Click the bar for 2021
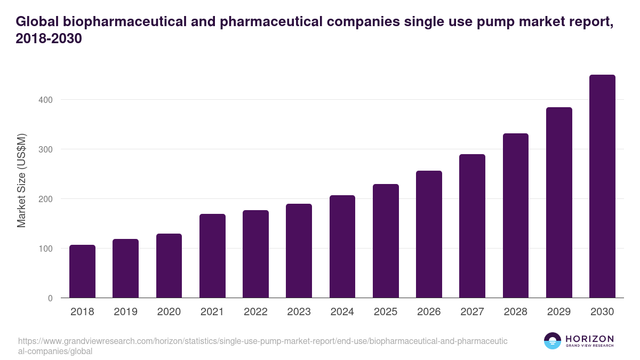(x=212, y=255)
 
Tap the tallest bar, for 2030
(x=602, y=186)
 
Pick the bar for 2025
(x=386, y=241)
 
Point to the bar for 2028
(x=516, y=215)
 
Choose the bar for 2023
(x=299, y=251)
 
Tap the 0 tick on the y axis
(x=50, y=298)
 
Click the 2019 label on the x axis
(x=125, y=312)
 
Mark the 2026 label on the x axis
(x=429, y=312)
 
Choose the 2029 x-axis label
(x=559, y=312)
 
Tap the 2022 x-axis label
(x=255, y=312)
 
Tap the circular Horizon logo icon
(x=553, y=341)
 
